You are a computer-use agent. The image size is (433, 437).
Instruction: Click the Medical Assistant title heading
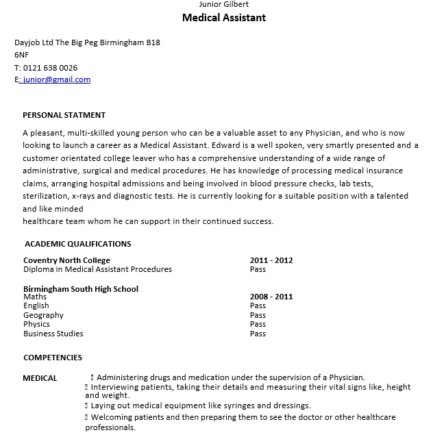(x=224, y=18)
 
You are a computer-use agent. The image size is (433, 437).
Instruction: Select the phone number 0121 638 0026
(x=50, y=68)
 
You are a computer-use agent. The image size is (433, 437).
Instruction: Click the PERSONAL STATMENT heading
(x=64, y=115)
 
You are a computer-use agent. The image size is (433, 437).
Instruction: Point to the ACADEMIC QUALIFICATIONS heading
(x=77, y=244)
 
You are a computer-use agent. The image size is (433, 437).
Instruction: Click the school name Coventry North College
(x=66, y=260)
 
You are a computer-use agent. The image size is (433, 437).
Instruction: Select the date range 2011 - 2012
(x=271, y=260)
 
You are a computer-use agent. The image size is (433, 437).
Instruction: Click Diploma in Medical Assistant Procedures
(x=97, y=269)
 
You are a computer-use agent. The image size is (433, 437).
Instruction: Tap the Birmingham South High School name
(x=81, y=289)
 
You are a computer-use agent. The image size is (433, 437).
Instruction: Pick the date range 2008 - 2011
(x=271, y=297)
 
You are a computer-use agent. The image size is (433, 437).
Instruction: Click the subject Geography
(x=43, y=315)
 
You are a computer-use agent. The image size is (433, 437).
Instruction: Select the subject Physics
(x=36, y=324)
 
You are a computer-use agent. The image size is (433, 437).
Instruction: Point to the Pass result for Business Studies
(x=258, y=334)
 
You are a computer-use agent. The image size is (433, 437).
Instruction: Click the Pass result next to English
(x=258, y=305)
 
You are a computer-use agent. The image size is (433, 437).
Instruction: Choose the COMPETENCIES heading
(x=53, y=358)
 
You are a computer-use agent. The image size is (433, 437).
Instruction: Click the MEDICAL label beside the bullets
(x=40, y=378)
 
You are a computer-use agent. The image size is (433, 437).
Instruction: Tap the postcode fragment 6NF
(x=22, y=55)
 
